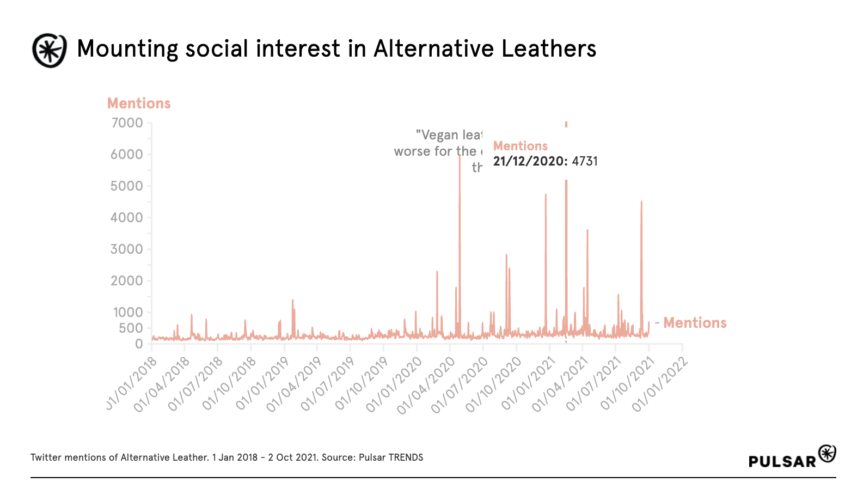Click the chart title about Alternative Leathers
[336, 49]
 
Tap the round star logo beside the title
[50, 50]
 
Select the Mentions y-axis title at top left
[139, 103]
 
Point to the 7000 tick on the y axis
[127, 123]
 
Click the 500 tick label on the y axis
[131, 328]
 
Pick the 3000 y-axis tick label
[127, 249]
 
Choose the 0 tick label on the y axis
[139, 344]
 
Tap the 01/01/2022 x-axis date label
[660, 384]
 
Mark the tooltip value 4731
[585, 161]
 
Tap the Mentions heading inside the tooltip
[521, 146]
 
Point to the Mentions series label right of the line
[695, 323]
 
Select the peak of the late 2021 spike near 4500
[641, 202]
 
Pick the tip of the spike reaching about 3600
[587, 230]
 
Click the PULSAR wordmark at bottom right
[782, 461]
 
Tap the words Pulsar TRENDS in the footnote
[391, 457]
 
